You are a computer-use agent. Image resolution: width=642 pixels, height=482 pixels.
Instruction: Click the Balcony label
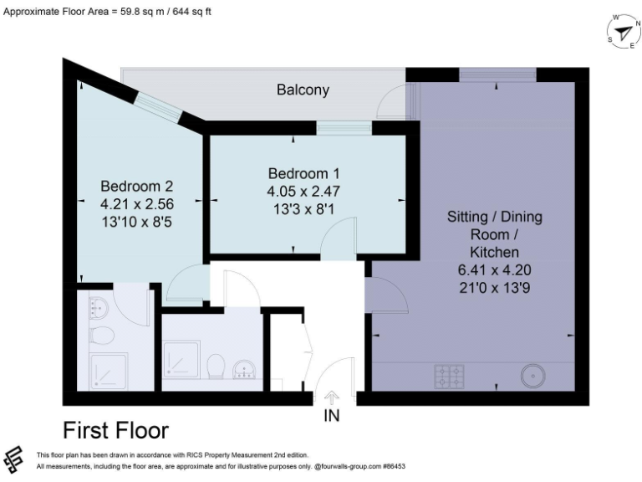[303, 90]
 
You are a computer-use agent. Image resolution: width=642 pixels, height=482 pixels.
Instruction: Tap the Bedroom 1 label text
[303, 174]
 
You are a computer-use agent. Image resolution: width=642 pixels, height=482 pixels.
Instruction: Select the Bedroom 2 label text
[137, 187]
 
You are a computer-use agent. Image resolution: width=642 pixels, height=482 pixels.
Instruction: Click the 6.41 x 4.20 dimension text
[494, 270]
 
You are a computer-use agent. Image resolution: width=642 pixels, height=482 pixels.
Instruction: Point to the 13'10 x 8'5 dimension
[137, 222]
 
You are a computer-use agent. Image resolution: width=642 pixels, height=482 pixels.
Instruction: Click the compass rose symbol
[624, 32]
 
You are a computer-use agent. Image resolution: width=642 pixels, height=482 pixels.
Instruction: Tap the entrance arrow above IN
[332, 397]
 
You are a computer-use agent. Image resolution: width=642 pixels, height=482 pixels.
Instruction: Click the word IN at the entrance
[332, 416]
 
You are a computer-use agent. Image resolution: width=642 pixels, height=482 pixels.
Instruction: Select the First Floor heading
[116, 431]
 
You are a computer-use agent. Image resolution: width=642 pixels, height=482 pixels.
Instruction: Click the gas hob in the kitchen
[449, 377]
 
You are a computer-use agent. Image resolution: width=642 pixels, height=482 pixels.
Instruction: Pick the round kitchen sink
[533, 376]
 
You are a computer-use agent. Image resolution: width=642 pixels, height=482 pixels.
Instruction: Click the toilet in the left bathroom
[100, 336]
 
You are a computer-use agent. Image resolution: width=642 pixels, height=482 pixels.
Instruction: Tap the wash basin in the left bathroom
[99, 308]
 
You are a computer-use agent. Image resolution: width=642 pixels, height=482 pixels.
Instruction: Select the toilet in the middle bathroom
[216, 367]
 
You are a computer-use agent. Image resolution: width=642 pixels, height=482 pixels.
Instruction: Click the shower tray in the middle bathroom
[181, 360]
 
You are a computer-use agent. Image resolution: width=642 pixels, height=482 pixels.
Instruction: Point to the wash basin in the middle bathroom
[244, 370]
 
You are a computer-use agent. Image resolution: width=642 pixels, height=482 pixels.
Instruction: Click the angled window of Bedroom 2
[158, 107]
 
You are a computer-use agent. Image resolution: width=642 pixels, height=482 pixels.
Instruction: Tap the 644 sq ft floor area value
[191, 12]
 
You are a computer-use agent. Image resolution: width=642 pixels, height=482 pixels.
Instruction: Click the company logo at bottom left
[13, 460]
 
